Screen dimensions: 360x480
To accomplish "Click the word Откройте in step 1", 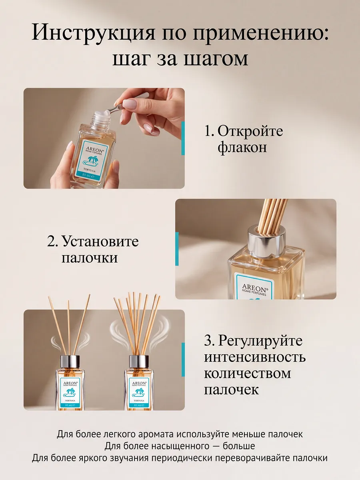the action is click(x=250, y=131).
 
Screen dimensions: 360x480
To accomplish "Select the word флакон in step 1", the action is click(x=242, y=148).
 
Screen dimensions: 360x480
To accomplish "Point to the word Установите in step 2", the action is click(x=100, y=242).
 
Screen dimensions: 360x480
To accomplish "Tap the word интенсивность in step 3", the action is click(x=255, y=358).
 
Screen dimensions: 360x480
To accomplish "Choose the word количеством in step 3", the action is click(x=248, y=374).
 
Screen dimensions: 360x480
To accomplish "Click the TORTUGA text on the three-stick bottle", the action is click(x=70, y=401).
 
